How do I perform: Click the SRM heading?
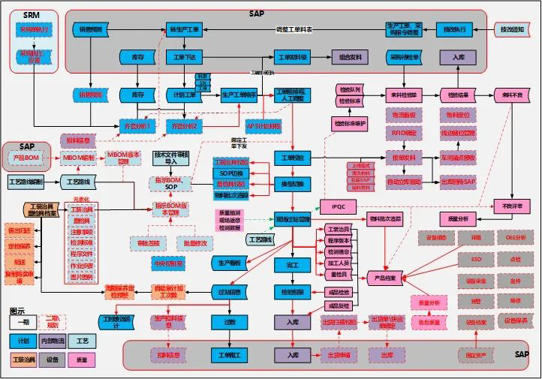coord(32,14)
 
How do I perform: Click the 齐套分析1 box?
coord(137,125)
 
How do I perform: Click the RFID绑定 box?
coord(404,133)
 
